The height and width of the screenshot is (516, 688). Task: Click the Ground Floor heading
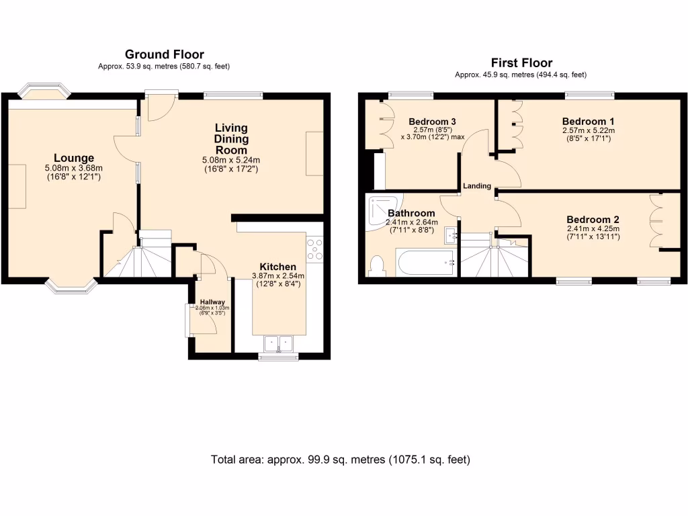(165, 54)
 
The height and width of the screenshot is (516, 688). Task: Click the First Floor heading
(521, 62)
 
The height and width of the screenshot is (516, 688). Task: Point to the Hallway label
(212, 302)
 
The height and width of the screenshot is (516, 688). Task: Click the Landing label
(476, 186)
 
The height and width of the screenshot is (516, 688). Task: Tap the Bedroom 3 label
(432, 122)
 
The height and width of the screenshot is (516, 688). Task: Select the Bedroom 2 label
(593, 219)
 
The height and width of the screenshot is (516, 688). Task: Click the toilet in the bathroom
(377, 266)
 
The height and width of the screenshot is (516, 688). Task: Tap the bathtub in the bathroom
(425, 263)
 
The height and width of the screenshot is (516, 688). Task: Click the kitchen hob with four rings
(314, 249)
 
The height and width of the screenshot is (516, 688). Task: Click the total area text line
(341, 460)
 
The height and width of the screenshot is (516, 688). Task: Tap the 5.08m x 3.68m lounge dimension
(73, 168)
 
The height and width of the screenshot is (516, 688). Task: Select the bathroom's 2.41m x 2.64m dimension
(411, 222)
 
